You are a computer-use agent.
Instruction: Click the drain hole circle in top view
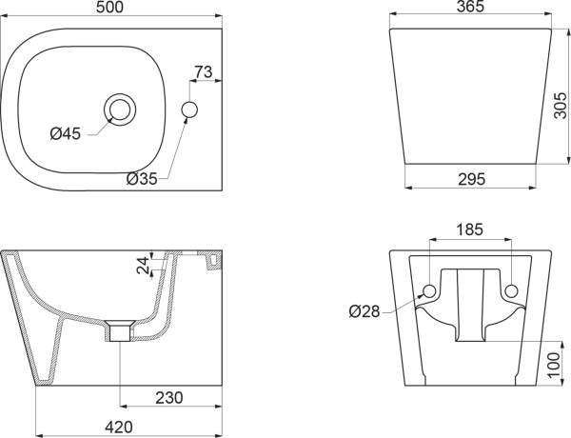(122, 109)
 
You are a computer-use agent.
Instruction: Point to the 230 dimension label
(169, 397)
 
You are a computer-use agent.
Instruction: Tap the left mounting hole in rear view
(429, 290)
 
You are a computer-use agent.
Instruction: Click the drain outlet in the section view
(120, 331)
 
